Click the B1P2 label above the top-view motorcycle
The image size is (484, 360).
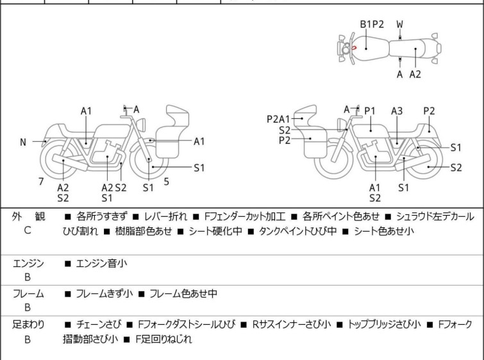[x=372, y=24]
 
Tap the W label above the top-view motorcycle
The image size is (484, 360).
[x=399, y=24]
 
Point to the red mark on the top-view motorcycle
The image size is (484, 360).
[x=353, y=47]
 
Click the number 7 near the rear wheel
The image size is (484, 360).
[x=41, y=182]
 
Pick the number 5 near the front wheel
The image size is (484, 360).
[x=166, y=182]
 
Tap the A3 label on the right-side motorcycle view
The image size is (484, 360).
[x=397, y=111]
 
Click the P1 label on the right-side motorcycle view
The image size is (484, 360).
[x=370, y=111]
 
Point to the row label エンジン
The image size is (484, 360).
[x=28, y=263]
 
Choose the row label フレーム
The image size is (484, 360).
[x=28, y=294]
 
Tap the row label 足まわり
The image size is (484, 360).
[x=28, y=325]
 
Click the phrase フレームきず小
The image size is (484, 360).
[x=104, y=294]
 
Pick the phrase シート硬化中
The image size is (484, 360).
[x=214, y=232]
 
